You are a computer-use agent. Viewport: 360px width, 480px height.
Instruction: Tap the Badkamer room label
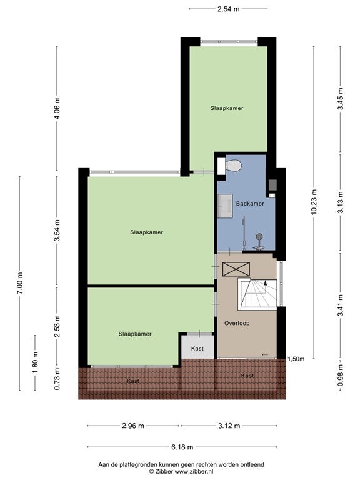click(x=250, y=204)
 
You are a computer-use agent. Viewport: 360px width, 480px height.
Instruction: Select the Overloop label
click(x=237, y=323)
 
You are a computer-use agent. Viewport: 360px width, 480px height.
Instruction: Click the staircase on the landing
click(x=257, y=294)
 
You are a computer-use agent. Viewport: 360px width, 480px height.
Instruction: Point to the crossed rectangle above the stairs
click(x=236, y=269)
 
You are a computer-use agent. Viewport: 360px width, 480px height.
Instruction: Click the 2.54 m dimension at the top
click(x=228, y=9)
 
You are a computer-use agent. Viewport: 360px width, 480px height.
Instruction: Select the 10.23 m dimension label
click(x=314, y=202)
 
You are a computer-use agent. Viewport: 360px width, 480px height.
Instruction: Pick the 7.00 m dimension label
click(x=20, y=283)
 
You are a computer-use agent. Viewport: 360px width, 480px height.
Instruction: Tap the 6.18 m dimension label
click(x=182, y=447)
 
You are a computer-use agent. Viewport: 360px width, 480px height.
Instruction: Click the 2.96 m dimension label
click(x=133, y=426)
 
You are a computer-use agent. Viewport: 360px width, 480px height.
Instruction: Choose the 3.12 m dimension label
click(x=229, y=426)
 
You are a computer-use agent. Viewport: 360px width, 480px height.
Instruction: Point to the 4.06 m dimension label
click(x=57, y=107)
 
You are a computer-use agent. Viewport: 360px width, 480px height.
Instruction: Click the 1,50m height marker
click(x=296, y=359)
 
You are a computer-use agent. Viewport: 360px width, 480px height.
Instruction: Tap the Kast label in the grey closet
click(x=197, y=348)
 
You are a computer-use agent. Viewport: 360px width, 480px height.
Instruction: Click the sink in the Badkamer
click(x=225, y=206)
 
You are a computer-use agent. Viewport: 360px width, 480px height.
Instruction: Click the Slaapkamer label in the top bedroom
click(x=226, y=108)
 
